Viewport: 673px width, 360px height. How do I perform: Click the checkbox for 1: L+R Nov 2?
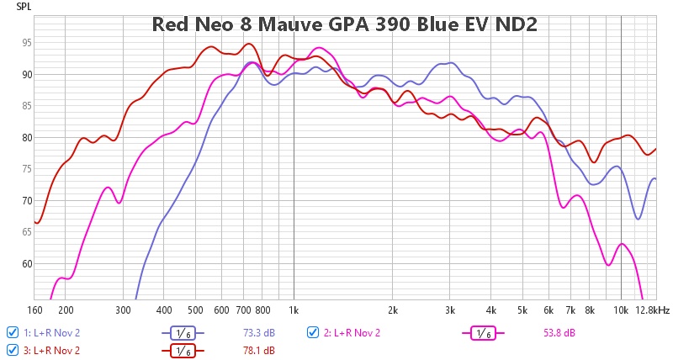point(12,331)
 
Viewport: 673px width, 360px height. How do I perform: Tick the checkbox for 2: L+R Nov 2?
point(314,331)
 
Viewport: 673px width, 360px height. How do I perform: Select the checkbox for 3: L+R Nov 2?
point(12,349)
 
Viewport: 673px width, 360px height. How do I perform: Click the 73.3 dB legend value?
point(260,332)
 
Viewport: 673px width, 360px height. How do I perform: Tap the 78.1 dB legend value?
point(260,350)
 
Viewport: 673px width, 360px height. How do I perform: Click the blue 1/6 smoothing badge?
point(183,332)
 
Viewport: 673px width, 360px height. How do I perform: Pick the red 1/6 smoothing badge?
point(183,350)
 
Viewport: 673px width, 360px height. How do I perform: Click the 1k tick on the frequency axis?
point(294,310)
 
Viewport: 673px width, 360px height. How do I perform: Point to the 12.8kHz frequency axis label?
point(653,310)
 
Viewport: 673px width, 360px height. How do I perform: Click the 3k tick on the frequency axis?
point(450,310)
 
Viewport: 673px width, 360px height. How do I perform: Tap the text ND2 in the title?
point(512,24)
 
